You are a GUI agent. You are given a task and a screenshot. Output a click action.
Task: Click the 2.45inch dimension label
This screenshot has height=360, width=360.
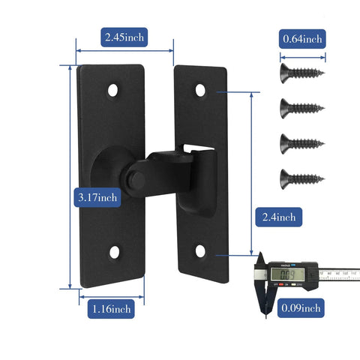(x=124, y=37)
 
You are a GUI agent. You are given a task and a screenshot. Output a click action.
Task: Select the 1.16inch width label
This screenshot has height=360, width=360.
(x=112, y=308)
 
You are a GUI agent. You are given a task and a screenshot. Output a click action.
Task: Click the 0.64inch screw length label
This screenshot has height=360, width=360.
(x=302, y=37)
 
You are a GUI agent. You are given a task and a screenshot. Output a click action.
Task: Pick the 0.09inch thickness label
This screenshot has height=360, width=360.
(x=302, y=307)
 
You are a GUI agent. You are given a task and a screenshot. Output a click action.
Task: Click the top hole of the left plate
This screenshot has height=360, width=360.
(x=113, y=90)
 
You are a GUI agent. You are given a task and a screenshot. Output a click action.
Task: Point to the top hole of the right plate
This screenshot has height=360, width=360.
(x=200, y=90)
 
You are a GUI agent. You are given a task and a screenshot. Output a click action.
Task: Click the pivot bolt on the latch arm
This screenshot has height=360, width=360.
(x=133, y=181)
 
